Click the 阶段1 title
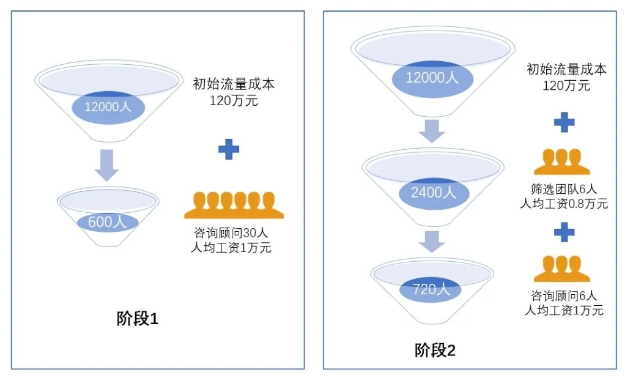(x=138, y=319)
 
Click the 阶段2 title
(x=435, y=350)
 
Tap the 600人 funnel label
(x=108, y=222)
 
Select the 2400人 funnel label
(x=434, y=192)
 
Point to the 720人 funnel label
(x=432, y=289)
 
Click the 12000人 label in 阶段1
(x=108, y=107)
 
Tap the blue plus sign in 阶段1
(x=229, y=150)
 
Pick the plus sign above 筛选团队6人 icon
(x=564, y=122)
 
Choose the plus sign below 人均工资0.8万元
(x=564, y=231)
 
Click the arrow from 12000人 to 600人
(x=106, y=166)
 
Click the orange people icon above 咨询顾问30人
(x=234, y=206)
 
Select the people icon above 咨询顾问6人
(x=561, y=269)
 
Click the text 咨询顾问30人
(x=229, y=234)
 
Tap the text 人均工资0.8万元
(x=564, y=204)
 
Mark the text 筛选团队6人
(x=563, y=190)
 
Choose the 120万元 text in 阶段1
(x=234, y=100)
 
